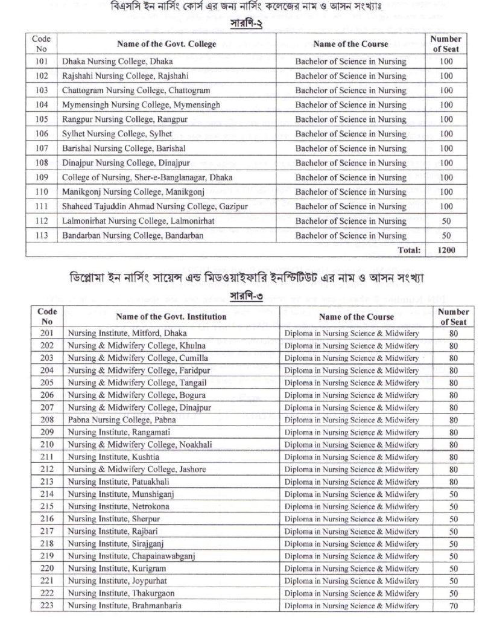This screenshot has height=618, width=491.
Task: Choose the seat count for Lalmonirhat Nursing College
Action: point(446,221)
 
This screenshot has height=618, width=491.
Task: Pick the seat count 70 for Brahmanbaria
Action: point(453,605)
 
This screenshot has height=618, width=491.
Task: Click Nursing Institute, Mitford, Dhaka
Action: point(127,333)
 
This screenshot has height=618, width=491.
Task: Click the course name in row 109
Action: point(350,177)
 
